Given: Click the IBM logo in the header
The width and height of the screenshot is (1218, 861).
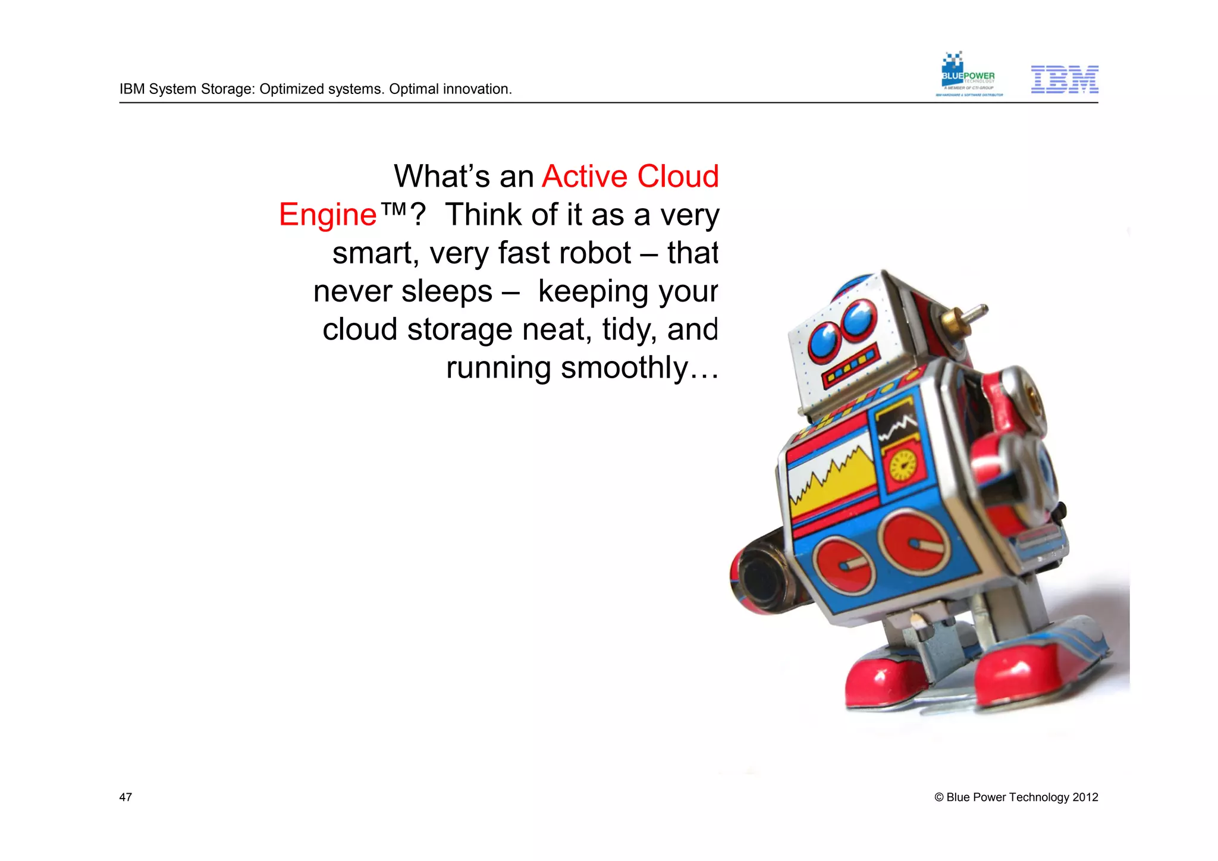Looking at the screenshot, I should pos(1064,80).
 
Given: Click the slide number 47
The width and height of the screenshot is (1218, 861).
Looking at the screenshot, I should pos(125,797).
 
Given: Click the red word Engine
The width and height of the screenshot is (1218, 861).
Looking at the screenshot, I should pos(328,215).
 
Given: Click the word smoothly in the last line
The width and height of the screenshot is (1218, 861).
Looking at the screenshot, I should pos(624,367).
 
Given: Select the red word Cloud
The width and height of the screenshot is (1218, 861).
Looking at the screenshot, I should pos(677,177).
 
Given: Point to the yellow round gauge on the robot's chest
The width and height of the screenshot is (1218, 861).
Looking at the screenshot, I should pos(903,465).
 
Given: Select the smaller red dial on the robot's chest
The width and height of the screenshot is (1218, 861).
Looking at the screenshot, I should pos(843,564).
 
